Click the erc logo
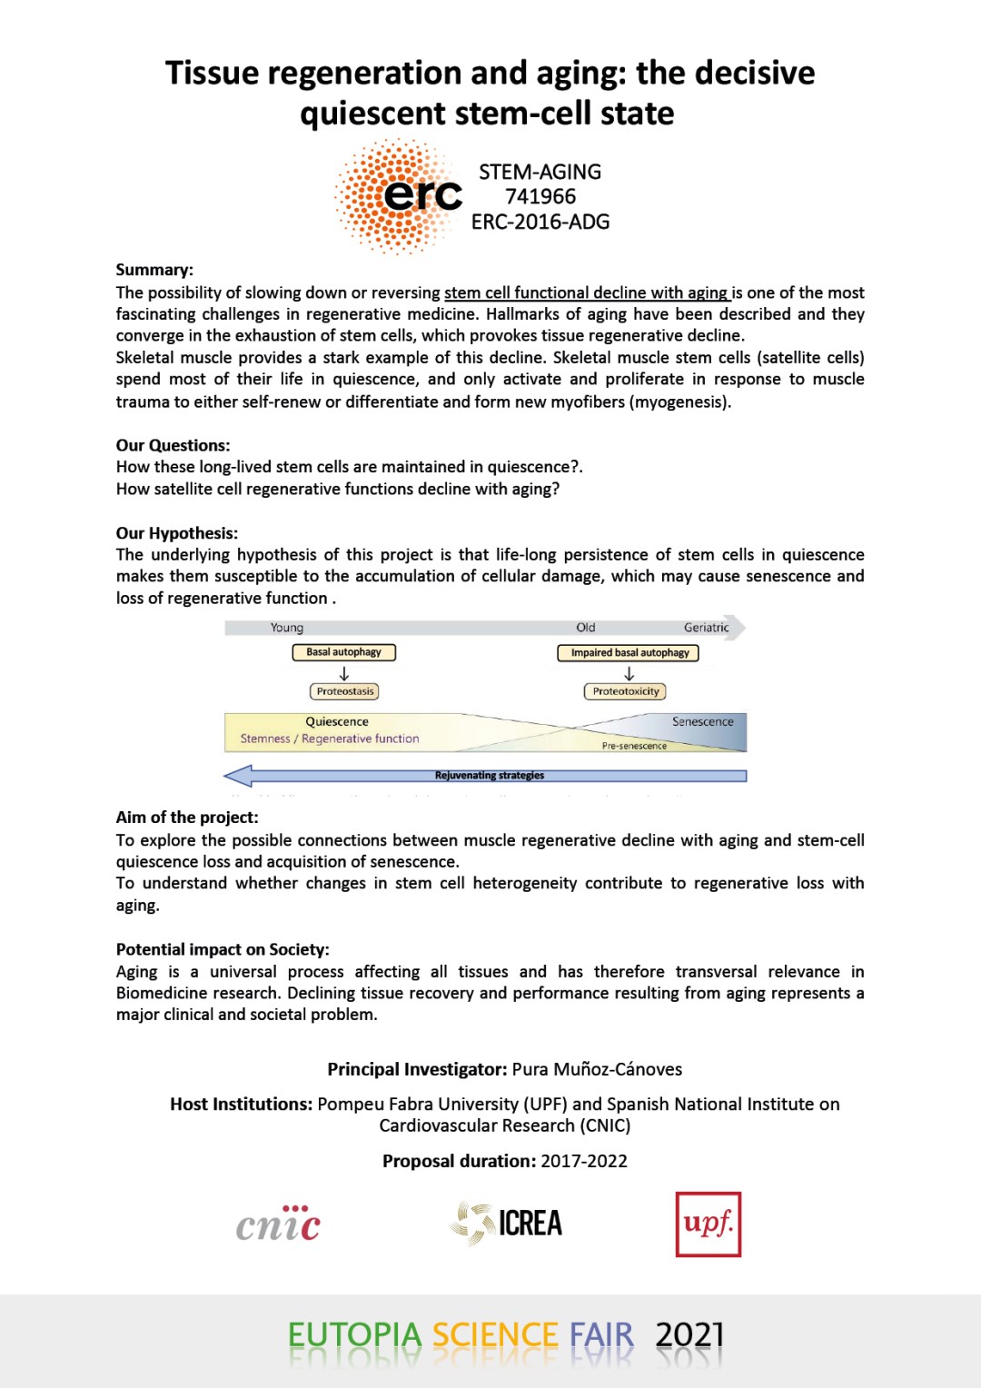click(x=400, y=195)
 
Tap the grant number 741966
click(x=540, y=196)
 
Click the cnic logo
click(x=279, y=1224)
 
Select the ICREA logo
click(x=507, y=1223)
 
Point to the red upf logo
click(x=708, y=1224)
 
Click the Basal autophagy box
click(x=343, y=652)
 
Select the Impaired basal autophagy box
click(x=629, y=653)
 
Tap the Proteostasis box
click(x=344, y=691)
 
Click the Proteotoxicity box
click(x=625, y=691)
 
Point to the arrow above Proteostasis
click(x=344, y=673)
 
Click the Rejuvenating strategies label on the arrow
click(x=489, y=776)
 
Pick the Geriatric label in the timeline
click(x=706, y=628)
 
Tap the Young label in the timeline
click(x=287, y=628)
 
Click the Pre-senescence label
click(x=634, y=746)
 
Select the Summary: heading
click(x=154, y=270)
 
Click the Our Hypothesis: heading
click(x=177, y=533)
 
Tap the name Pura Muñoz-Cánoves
click(x=597, y=1069)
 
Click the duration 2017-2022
click(x=584, y=1161)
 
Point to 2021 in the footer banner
click(x=689, y=1335)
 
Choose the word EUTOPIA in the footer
click(x=354, y=1335)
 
